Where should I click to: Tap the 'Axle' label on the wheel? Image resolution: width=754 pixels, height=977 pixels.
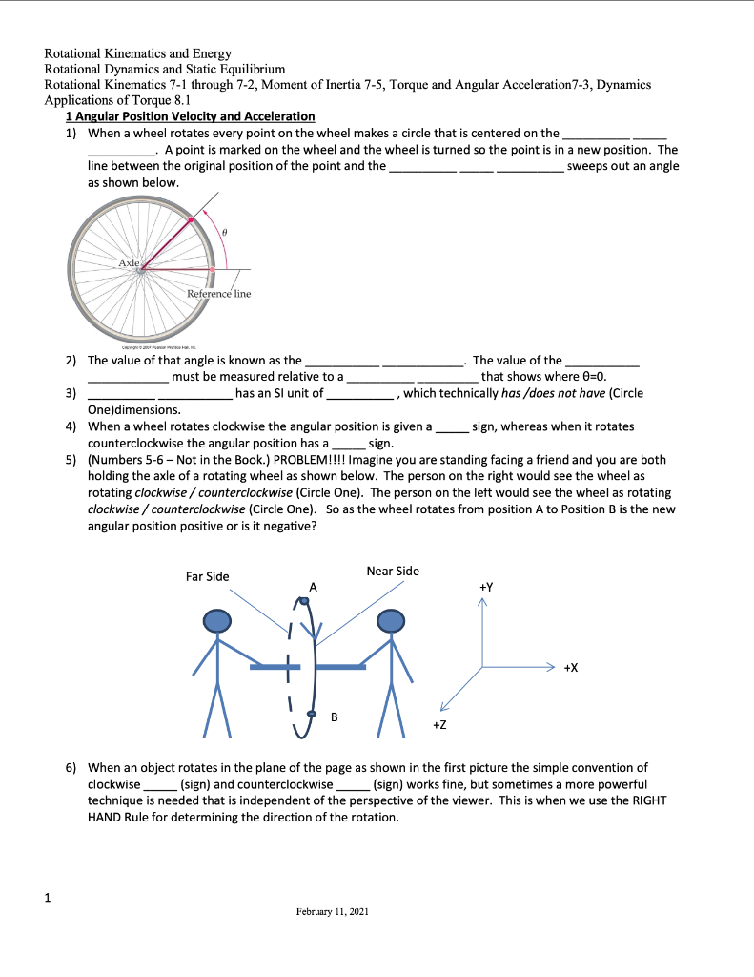pos(129,261)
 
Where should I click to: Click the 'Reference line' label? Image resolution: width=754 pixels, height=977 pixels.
pos(218,294)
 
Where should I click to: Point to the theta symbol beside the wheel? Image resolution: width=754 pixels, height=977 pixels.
pos(222,232)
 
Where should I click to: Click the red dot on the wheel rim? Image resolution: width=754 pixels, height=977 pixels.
pos(192,220)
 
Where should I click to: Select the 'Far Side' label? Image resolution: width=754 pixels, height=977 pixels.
pos(207,576)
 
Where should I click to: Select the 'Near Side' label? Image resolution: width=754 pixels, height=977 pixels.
pos(392,571)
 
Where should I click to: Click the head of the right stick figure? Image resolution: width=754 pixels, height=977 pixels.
pos(392,621)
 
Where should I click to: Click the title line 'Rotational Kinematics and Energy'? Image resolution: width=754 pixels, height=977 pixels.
pos(138,53)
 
